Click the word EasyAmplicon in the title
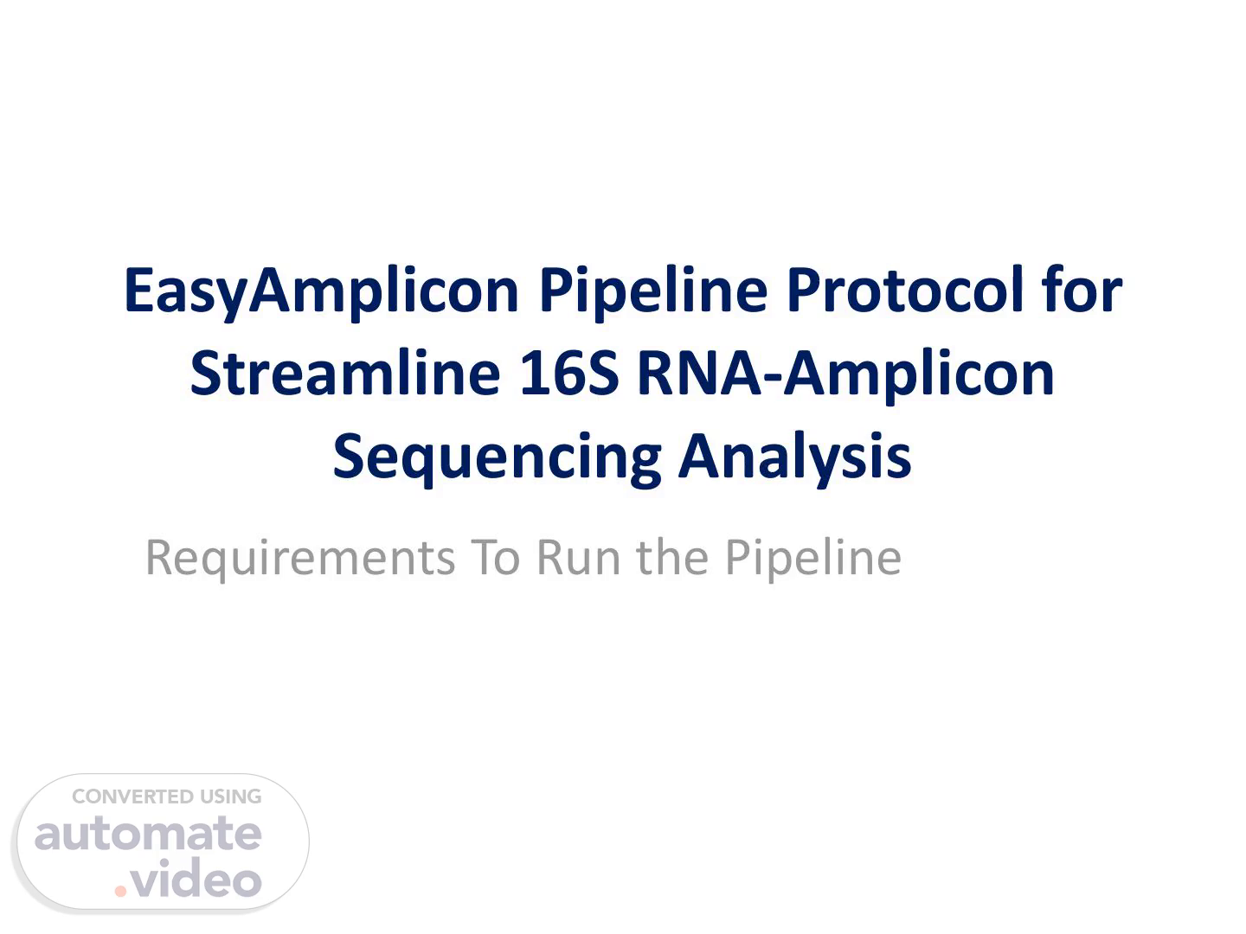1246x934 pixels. [322, 293]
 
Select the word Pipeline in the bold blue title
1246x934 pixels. [653, 291]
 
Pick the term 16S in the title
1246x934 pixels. [569, 374]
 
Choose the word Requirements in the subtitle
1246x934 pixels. [300, 560]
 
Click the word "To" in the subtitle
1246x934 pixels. [496, 558]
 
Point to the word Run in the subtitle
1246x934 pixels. [579, 558]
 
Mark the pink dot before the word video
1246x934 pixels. [120, 891]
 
